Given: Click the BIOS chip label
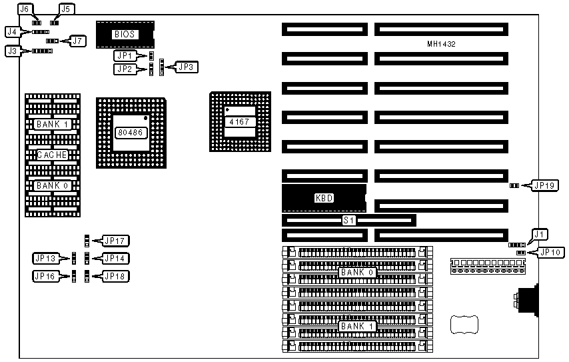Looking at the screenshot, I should (x=125, y=34).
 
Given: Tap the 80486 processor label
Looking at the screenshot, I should (x=129, y=133).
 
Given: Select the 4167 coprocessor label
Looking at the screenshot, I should (x=239, y=122).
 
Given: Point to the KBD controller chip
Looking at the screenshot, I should (x=323, y=198).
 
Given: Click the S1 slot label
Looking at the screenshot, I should (x=348, y=219).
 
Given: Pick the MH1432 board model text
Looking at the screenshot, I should (x=441, y=44).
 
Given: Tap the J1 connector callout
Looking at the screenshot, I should (x=540, y=234).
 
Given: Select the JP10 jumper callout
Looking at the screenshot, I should (x=551, y=253).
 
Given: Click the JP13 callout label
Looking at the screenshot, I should (x=45, y=258).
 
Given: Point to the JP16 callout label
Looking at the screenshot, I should (x=45, y=276).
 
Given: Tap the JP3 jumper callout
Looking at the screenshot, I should (x=185, y=67).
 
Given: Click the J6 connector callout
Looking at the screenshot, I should (x=25, y=9).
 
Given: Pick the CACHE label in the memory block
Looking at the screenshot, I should (x=52, y=155).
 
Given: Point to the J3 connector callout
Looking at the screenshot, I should (x=13, y=50).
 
